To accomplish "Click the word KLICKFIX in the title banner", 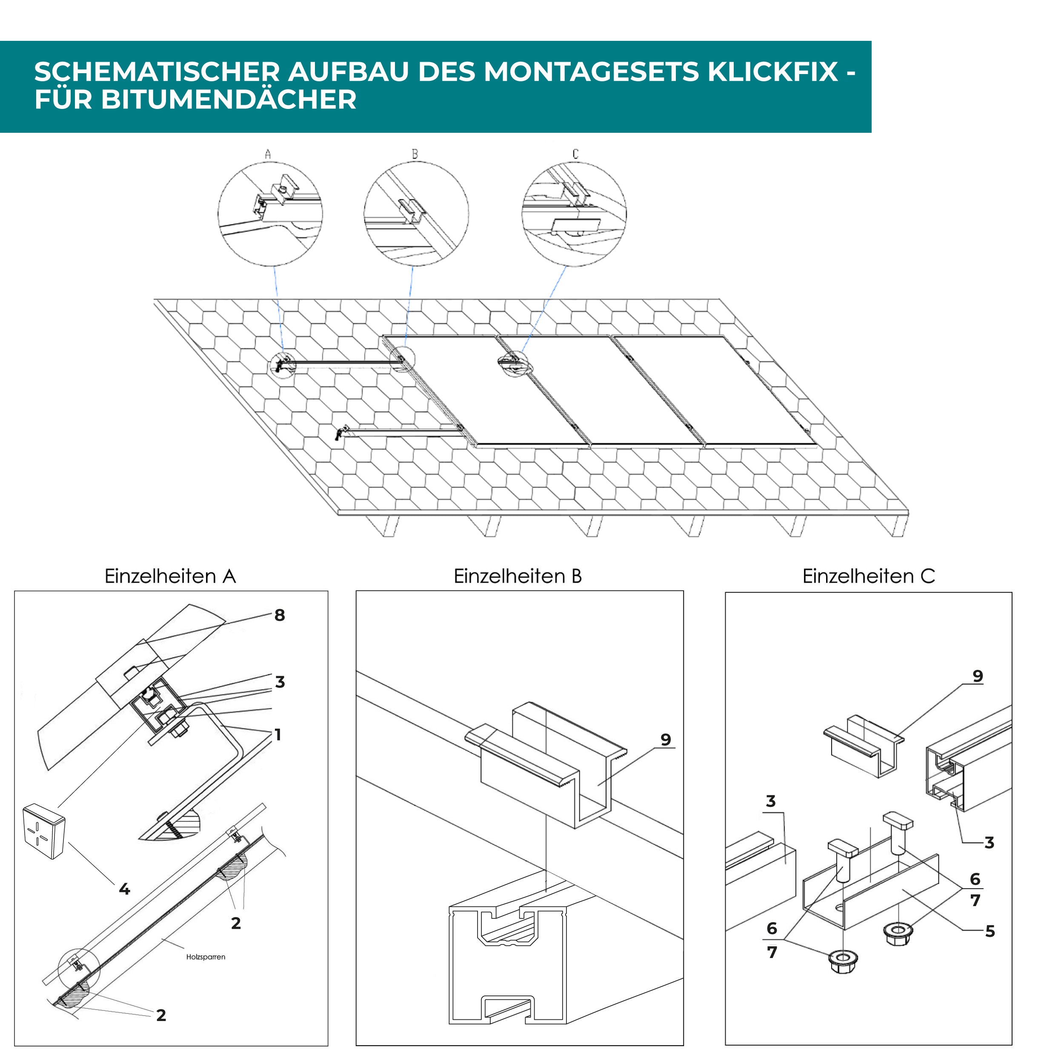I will point(772,72).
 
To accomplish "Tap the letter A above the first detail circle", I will point(268,154).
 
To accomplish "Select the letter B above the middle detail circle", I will point(415,154).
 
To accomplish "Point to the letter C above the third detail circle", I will point(575,154).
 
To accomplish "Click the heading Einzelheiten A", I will point(170,577).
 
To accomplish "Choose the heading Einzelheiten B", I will point(518,577).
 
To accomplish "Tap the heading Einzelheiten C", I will point(869,577).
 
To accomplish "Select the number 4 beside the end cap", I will point(124,889).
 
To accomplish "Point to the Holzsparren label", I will point(206,957).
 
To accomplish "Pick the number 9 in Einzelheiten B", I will point(666,740).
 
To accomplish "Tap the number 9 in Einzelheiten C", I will point(978,676).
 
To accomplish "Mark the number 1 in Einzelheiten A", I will point(278,735).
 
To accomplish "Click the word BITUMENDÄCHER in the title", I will point(229,100).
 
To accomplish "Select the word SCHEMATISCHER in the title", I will point(157,72).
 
